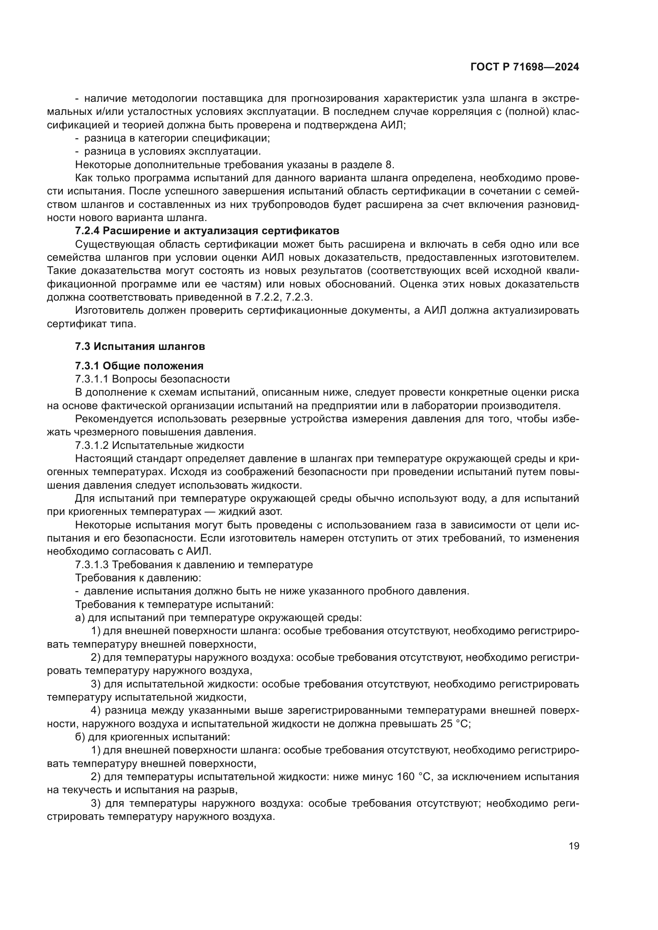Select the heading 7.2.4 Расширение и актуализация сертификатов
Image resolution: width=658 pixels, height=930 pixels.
(x=207, y=231)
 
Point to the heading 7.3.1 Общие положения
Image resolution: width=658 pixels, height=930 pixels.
(x=139, y=366)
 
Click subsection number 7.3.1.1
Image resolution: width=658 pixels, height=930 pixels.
(x=92, y=379)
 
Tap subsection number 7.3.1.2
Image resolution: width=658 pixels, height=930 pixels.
(x=92, y=446)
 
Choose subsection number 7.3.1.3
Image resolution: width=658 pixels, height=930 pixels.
(x=92, y=565)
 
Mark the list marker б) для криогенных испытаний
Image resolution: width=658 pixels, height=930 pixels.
(x=79, y=737)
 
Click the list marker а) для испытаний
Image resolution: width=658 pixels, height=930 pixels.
(x=79, y=618)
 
